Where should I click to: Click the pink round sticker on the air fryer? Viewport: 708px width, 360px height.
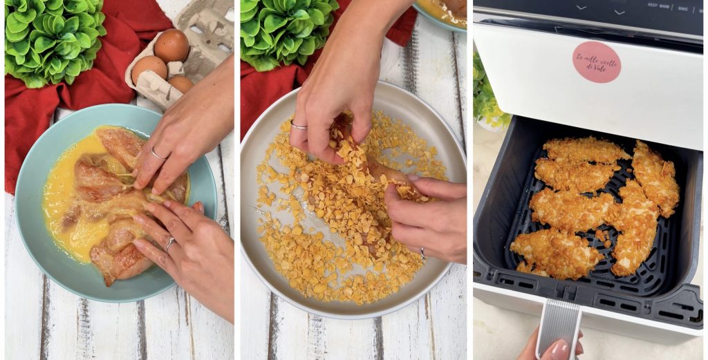(x=596, y=61)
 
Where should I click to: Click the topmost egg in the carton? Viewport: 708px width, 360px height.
(x=171, y=45)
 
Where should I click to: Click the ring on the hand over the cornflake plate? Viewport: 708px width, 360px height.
(x=298, y=126)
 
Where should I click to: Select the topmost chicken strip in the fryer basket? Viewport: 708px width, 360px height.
(x=585, y=149)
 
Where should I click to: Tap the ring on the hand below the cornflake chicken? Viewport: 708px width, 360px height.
(x=422, y=254)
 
